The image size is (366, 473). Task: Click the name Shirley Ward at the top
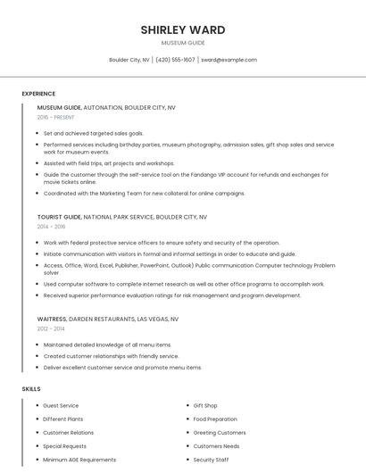[x=182, y=29]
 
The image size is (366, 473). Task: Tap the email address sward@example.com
[x=229, y=60]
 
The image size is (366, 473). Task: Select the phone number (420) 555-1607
[x=175, y=60]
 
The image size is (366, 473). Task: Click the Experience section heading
[x=38, y=94]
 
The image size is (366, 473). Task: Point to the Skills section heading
[x=31, y=389]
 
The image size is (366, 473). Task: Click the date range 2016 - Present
[x=55, y=117]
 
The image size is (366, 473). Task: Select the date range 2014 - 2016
[x=51, y=227]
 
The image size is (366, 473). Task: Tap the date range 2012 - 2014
[x=51, y=328]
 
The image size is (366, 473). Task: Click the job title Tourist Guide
[x=59, y=217]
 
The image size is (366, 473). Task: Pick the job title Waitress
[x=51, y=319]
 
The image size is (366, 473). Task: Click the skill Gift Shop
[x=205, y=406]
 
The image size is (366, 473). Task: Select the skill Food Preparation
[x=215, y=419]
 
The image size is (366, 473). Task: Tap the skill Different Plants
[x=62, y=419]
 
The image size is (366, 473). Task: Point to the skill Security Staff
[x=211, y=460]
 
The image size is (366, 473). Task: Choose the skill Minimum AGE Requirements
[x=79, y=460]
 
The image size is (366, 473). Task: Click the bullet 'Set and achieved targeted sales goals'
[x=93, y=133]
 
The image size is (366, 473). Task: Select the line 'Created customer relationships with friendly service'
[x=111, y=356]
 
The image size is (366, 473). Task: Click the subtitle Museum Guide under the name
[x=182, y=43]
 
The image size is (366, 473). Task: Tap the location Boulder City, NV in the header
[x=129, y=60]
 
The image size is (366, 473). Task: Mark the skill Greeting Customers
[x=220, y=433]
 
